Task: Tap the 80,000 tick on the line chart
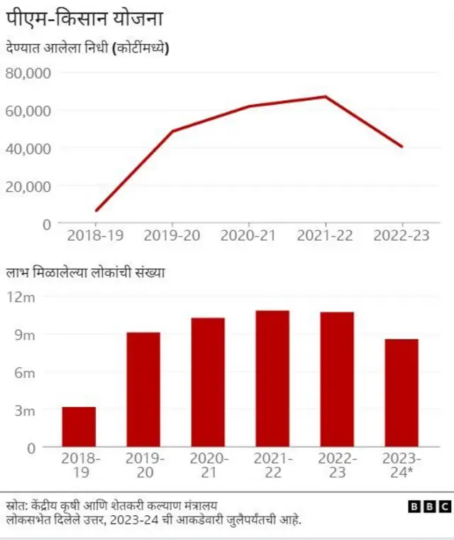pyautogui.click(x=28, y=73)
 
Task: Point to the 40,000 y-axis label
pyautogui.click(x=28, y=148)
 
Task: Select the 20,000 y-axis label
pyautogui.click(x=28, y=186)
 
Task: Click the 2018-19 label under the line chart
pyautogui.click(x=96, y=236)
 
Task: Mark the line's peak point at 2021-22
pyautogui.click(x=326, y=97)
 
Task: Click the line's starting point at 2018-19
pyautogui.click(x=96, y=210)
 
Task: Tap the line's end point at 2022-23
pyautogui.click(x=402, y=146)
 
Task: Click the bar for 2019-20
pyautogui.click(x=143, y=389)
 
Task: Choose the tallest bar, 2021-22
pyautogui.click(x=272, y=379)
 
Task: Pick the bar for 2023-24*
pyautogui.click(x=402, y=393)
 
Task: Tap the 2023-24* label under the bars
pyautogui.click(x=402, y=465)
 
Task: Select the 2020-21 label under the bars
pyautogui.click(x=208, y=465)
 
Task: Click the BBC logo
pyautogui.click(x=430, y=507)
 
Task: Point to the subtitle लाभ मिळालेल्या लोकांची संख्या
pyautogui.click(x=86, y=273)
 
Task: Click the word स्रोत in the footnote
pyautogui.click(x=15, y=506)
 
